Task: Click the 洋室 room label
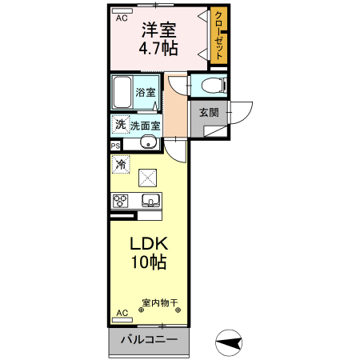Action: (160, 30)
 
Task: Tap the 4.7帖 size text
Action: (160, 49)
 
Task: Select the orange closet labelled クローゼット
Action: (218, 37)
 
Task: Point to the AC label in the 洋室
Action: (122, 17)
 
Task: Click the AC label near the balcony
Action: (122, 312)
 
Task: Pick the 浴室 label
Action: (145, 92)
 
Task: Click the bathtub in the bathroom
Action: (122, 93)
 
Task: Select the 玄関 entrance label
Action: (209, 112)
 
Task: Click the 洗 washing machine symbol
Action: (119, 124)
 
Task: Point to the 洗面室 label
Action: (146, 125)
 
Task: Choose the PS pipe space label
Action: (115, 146)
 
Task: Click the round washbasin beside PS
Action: (147, 143)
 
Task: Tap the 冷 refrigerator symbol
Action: (121, 164)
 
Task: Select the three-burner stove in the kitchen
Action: (121, 200)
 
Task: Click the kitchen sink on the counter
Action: (150, 199)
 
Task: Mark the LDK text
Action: (149, 244)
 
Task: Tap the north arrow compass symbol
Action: (230, 343)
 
